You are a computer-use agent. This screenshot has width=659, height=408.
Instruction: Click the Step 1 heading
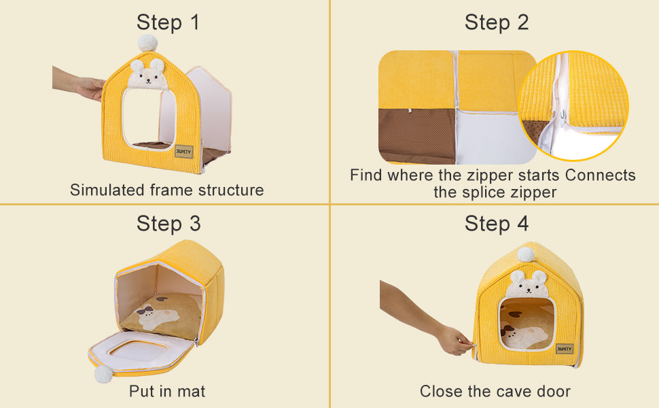168,22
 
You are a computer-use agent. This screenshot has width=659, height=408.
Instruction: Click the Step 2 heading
496,22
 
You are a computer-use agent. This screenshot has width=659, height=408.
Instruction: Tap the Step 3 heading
168,223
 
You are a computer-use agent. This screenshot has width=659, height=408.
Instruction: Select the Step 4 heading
496,223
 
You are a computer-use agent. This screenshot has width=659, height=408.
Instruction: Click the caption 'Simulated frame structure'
166,190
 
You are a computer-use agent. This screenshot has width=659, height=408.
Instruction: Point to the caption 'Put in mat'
167,391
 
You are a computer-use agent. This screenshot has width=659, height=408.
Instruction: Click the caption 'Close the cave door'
495,391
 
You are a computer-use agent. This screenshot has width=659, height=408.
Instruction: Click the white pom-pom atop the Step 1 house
147,43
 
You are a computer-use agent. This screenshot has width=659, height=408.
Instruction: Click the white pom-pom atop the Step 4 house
526,255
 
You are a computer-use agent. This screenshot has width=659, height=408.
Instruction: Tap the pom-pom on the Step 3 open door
103,373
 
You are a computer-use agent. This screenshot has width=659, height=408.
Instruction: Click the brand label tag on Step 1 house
183,151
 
